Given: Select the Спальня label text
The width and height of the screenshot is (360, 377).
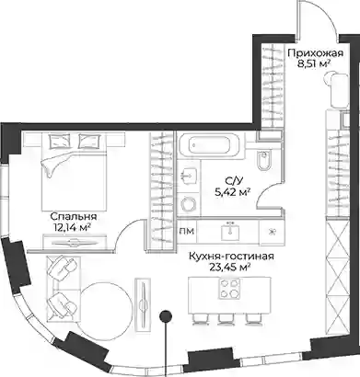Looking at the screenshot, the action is [74, 217].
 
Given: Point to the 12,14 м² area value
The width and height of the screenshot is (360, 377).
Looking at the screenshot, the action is [71, 227].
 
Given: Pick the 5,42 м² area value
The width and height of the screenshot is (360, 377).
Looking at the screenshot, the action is [232, 192].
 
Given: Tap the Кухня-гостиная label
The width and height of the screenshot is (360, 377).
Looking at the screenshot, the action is [231, 257].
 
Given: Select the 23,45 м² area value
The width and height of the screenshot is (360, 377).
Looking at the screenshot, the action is [229, 267].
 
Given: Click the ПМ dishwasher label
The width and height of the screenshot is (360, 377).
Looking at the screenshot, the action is [186, 231].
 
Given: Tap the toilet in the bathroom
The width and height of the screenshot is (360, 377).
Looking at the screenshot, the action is [264, 160].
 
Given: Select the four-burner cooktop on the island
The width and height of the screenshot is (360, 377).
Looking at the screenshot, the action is [228, 289].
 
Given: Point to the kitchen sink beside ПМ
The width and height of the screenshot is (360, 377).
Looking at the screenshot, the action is [228, 231].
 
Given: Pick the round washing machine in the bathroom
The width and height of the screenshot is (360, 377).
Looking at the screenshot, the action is [188, 204].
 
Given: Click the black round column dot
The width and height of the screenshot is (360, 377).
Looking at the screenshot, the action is [166, 316].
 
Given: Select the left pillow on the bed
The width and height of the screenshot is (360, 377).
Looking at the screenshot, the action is [58, 142].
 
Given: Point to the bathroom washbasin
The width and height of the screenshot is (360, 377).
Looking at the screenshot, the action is [188, 175].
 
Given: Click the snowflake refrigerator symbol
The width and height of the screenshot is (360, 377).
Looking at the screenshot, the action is [271, 232].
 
